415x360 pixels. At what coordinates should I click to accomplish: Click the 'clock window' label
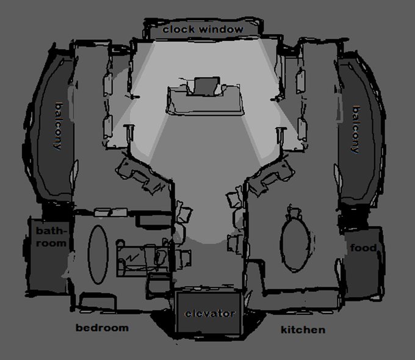pyautogui.click(x=203, y=29)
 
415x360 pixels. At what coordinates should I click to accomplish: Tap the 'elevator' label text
pyautogui.click(x=209, y=314)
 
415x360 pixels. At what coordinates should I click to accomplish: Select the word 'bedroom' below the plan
pyautogui.click(x=102, y=328)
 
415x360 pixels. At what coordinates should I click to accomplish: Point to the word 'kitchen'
pyautogui.click(x=303, y=330)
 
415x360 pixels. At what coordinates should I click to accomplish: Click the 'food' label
pyautogui.click(x=363, y=248)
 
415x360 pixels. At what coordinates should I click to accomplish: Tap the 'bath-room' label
pyautogui.click(x=51, y=237)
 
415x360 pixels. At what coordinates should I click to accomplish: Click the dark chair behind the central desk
pyautogui.click(x=204, y=86)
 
